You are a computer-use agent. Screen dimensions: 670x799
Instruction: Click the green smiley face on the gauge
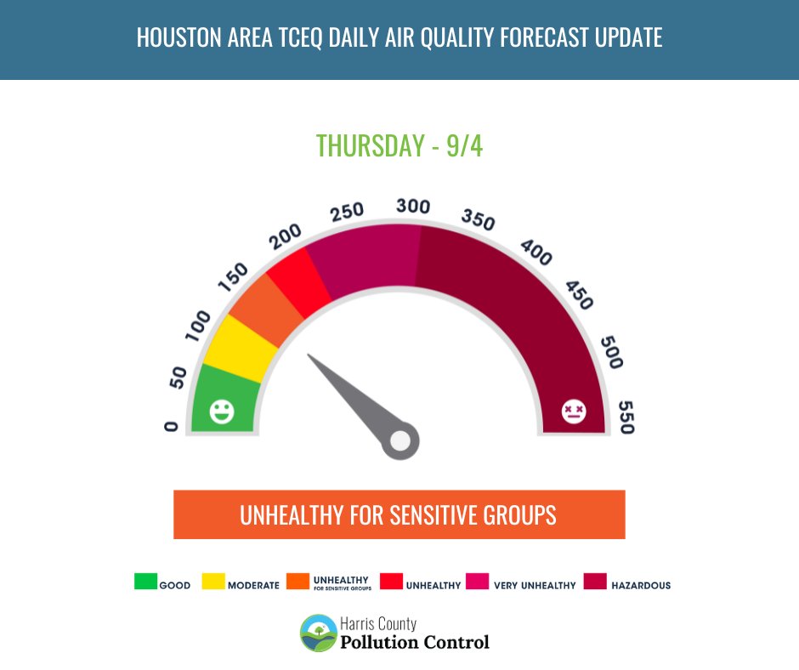pyautogui.click(x=222, y=412)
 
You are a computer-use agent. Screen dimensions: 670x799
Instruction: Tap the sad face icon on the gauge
pyautogui.click(x=574, y=412)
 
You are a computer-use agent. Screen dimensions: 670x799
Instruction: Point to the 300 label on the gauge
pyautogui.click(x=413, y=207)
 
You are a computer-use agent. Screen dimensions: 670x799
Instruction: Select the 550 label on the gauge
pyautogui.click(x=626, y=417)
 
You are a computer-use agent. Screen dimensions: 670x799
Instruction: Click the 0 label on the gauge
pyautogui.click(x=172, y=426)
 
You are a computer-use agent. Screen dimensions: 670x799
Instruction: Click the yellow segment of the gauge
pyautogui.click(x=238, y=346)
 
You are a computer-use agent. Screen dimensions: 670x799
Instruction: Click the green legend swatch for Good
pyautogui.click(x=145, y=582)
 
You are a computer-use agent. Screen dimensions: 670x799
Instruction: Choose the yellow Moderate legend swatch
pyautogui.click(x=213, y=582)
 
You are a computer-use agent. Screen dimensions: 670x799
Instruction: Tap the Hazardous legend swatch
pyautogui.click(x=595, y=582)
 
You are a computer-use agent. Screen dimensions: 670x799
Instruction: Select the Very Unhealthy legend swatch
pyautogui.click(x=477, y=582)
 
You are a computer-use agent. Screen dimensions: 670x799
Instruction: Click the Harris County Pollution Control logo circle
pyautogui.click(x=318, y=633)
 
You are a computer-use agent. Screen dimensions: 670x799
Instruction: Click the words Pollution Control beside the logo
pyautogui.click(x=415, y=642)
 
